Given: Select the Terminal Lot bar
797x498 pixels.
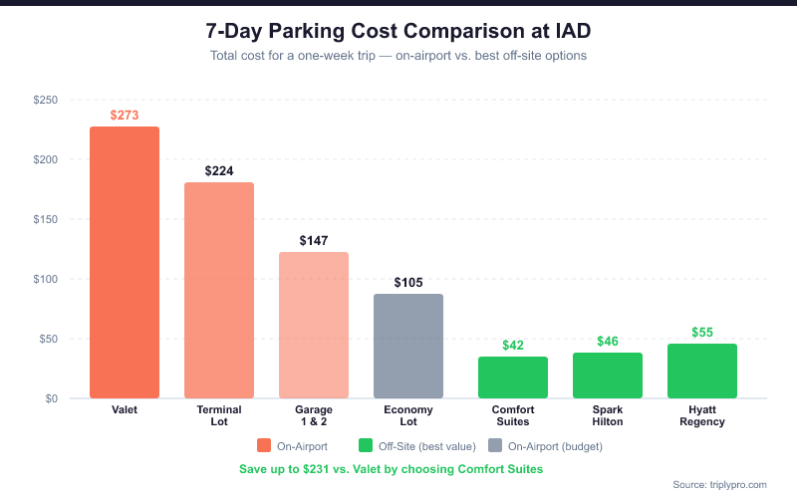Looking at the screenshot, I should pyautogui.click(x=219, y=290).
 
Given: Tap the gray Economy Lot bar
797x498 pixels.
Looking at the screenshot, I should pyautogui.click(x=408, y=346).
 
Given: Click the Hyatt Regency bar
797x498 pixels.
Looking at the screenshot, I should pyautogui.click(x=702, y=371).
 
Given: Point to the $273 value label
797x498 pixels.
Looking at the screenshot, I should pyautogui.click(x=125, y=116).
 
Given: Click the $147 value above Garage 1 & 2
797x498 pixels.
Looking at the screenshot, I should pyautogui.click(x=314, y=241).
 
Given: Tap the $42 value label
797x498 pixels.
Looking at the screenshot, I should pyautogui.click(x=513, y=346).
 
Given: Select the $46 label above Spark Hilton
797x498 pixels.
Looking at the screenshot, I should pyautogui.click(x=608, y=342).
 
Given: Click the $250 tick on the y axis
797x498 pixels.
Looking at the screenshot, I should pyautogui.click(x=45, y=101).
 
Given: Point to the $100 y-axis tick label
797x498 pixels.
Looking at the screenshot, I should pyautogui.click(x=45, y=279).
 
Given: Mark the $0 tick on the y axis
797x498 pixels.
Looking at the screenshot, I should pyautogui.click(x=50, y=398).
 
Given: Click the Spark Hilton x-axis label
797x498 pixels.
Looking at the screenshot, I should pyautogui.click(x=608, y=415).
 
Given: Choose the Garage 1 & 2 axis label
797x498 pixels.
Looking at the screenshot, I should pyautogui.click(x=314, y=415).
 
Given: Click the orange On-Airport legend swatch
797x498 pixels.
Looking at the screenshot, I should pyautogui.click(x=264, y=445).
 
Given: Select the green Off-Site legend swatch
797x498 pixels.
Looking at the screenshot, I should pyautogui.click(x=366, y=445).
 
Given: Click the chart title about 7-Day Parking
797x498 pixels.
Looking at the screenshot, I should pyautogui.click(x=398, y=31).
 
